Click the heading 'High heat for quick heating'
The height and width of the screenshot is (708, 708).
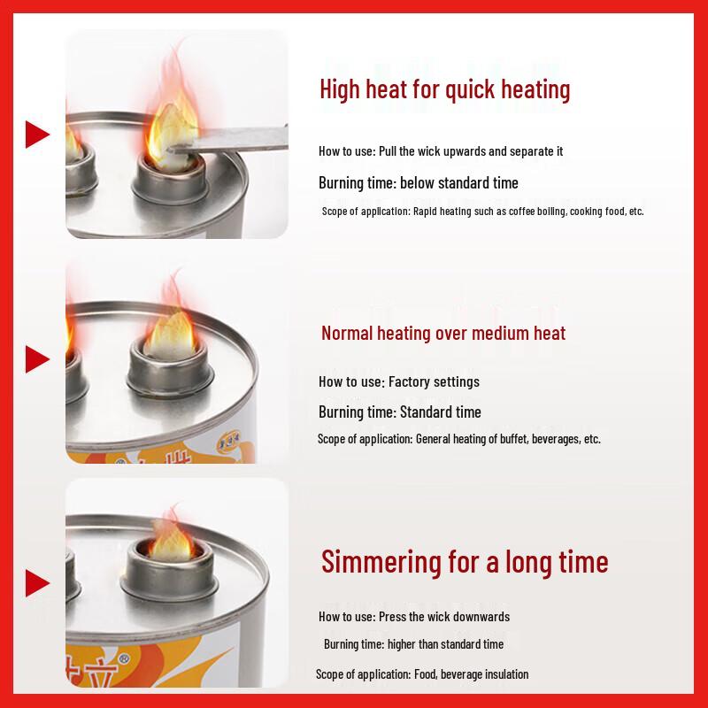[x=444, y=89]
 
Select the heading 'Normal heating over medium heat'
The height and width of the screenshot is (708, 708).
[x=442, y=333]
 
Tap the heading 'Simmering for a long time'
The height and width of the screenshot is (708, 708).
[x=464, y=561]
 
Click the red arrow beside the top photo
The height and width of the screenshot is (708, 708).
[x=36, y=135]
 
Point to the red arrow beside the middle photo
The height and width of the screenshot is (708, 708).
[x=36, y=358]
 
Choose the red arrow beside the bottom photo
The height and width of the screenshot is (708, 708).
[x=36, y=582]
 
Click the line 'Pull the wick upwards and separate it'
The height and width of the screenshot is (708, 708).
[x=441, y=151]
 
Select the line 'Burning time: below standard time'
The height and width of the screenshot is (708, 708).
[x=418, y=183]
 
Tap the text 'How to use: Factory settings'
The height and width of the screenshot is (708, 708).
[x=398, y=382]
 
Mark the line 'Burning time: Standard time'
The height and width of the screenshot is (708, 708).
[x=399, y=412]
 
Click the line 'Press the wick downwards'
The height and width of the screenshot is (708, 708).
[x=413, y=617]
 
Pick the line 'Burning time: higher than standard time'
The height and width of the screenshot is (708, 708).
[x=413, y=644]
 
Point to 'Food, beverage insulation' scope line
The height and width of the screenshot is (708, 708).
[x=422, y=674]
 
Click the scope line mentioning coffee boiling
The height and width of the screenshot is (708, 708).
[x=482, y=212]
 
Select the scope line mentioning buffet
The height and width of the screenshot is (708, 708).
[x=458, y=439]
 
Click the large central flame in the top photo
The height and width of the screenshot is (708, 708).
[x=172, y=124]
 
